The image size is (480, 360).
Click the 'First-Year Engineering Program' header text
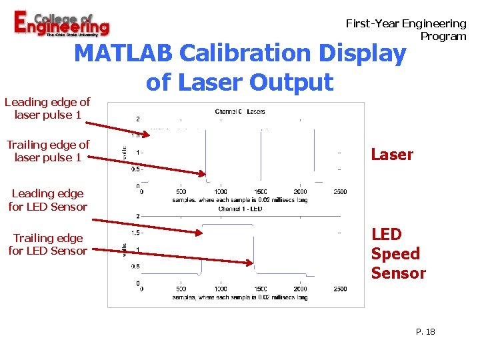coord(406,29)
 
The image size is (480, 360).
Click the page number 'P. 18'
coord(424,331)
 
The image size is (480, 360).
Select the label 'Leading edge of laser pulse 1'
coord(47,108)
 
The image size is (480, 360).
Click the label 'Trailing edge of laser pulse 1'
coord(47,151)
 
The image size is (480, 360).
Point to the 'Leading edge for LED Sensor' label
coord(47,200)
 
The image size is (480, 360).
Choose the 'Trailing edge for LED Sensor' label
coord(47,244)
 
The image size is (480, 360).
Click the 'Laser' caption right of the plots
coord(392,155)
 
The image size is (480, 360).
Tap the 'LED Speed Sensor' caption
coord(398,253)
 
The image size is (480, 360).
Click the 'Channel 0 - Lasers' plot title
coord(240,111)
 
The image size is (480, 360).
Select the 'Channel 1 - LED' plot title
coord(240,209)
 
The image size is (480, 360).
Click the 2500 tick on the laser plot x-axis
coord(339,192)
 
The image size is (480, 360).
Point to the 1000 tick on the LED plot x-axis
coord(220,289)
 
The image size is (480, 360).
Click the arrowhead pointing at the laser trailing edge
coord(204,173)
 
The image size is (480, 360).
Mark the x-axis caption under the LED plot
coord(240,297)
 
